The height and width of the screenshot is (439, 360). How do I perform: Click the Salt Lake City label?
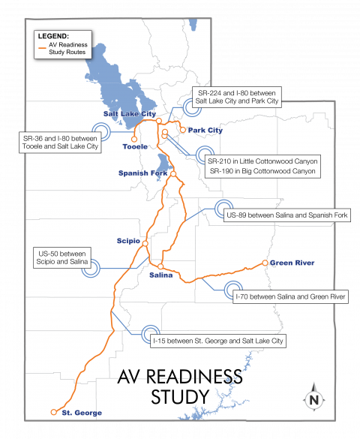(x=124, y=113)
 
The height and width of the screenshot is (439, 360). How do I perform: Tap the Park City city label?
(x=205, y=131)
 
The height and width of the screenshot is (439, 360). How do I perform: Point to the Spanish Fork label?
(x=142, y=173)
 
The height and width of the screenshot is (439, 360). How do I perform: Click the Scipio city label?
(x=129, y=241)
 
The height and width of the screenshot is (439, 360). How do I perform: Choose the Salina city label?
(x=161, y=275)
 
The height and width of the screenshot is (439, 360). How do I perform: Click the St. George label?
(x=82, y=413)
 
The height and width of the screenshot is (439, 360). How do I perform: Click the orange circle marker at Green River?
(x=265, y=263)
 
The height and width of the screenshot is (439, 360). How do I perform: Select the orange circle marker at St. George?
(x=53, y=412)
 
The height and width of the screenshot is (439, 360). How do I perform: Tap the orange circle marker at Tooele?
(x=134, y=138)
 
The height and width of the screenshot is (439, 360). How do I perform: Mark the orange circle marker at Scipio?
(x=145, y=244)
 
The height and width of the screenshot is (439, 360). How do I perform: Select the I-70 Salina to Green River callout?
(x=289, y=297)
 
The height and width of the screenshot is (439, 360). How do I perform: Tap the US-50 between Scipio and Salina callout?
(x=61, y=257)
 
